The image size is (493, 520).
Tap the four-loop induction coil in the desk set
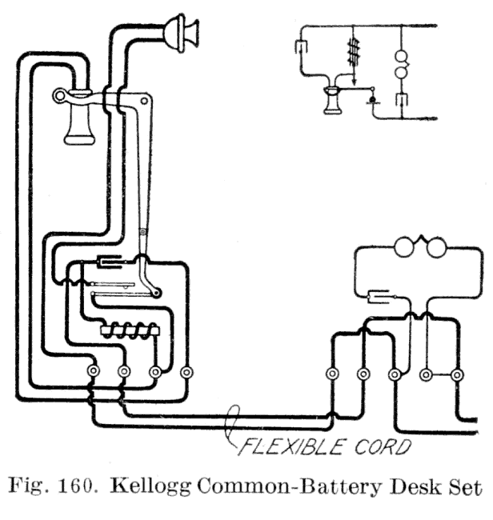coord(130,329)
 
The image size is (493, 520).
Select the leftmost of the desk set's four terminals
coord(93,371)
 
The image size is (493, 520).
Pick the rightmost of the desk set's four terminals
coord(186,371)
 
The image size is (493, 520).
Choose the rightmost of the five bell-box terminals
coord(457,374)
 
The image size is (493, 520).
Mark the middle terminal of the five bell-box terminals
coord(395,374)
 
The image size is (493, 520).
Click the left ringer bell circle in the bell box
coord(405,246)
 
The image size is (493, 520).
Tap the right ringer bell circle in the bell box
coord(435,246)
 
